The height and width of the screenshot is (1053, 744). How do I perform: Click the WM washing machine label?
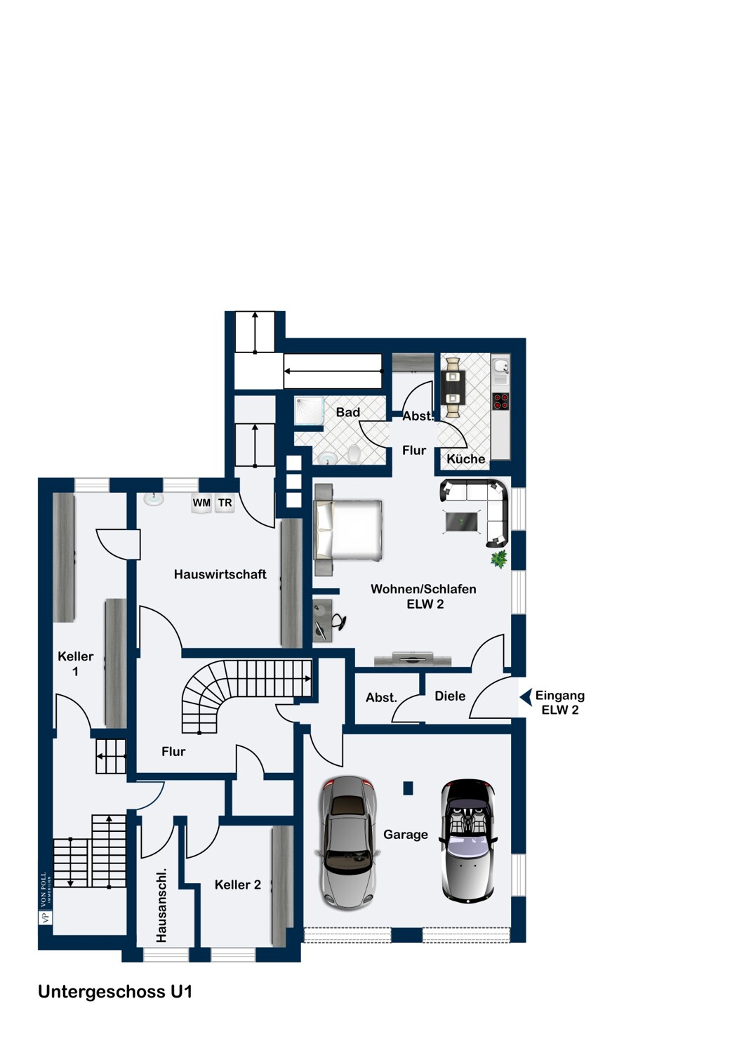pyautogui.click(x=201, y=503)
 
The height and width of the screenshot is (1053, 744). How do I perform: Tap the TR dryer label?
pyautogui.click(x=225, y=503)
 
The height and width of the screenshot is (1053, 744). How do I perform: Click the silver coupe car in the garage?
pyautogui.click(x=348, y=842)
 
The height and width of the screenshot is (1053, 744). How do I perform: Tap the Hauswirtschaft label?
pyautogui.click(x=220, y=574)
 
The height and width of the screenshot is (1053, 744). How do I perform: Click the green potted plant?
pyautogui.click(x=498, y=559)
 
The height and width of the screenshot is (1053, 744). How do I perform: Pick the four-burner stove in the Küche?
pyautogui.click(x=500, y=401)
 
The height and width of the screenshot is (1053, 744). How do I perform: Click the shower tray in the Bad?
pyautogui.click(x=310, y=411)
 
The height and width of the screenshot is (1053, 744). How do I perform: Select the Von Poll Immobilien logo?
pyautogui.click(x=45, y=899)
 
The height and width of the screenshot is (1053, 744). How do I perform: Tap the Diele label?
pyautogui.click(x=450, y=696)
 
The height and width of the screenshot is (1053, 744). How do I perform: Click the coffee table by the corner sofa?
pyautogui.click(x=462, y=522)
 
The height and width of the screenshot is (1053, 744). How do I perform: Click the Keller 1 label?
pyautogui.click(x=76, y=664)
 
